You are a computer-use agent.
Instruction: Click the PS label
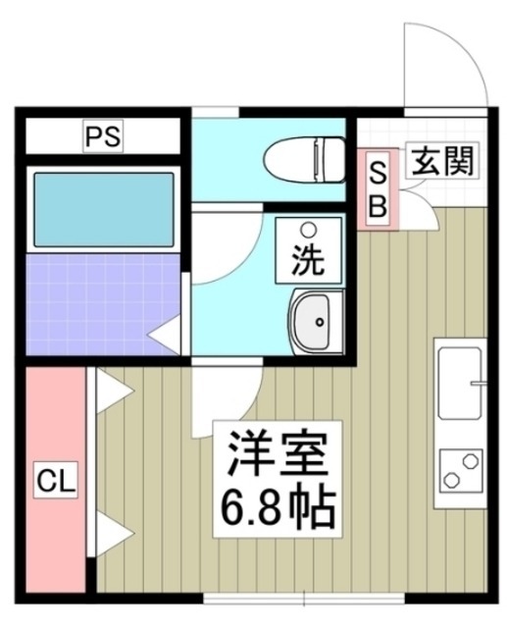[101, 137]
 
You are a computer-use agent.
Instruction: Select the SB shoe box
[378, 188]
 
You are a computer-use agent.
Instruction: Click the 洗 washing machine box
[309, 251]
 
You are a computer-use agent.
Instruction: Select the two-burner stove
[460, 469]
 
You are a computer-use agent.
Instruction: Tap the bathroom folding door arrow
[164, 336]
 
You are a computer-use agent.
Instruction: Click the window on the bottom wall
[304, 596]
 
